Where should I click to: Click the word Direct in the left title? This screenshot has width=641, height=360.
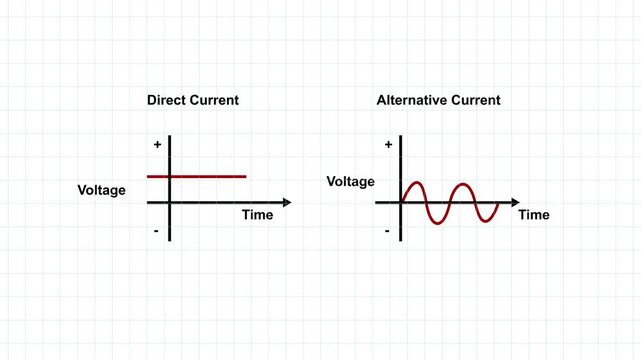(x=167, y=101)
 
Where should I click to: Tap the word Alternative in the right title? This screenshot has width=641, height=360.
(x=412, y=101)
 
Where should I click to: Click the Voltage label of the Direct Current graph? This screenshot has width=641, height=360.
(x=102, y=189)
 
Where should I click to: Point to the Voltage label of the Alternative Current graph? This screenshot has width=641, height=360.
(x=350, y=182)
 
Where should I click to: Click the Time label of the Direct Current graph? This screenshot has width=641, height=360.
(x=257, y=215)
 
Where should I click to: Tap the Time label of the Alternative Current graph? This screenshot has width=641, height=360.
(x=534, y=215)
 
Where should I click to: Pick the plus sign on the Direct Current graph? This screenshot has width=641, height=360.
(x=157, y=145)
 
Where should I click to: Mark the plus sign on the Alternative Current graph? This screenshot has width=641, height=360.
(x=388, y=145)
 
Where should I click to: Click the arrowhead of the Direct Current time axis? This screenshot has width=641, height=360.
(x=287, y=203)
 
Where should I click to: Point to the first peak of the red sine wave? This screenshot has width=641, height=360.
(x=415, y=184)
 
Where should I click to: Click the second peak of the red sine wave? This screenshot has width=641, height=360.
(x=461, y=184)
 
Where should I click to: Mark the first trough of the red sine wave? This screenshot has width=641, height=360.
(x=438, y=221)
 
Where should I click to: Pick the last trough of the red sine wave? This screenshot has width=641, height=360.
(x=485, y=221)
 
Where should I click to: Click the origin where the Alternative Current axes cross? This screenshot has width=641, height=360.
(x=401, y=203)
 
